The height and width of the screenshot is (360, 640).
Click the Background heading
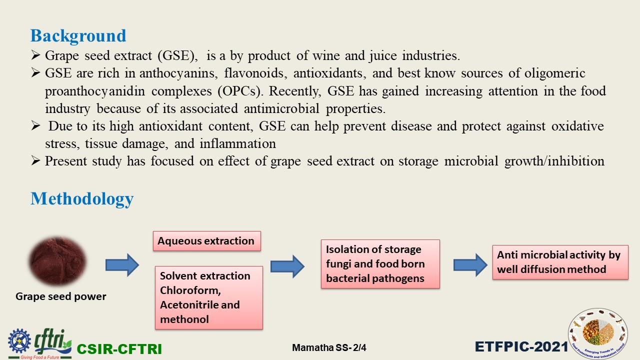pos(78,36)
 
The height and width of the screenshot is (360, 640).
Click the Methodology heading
pos(82,199)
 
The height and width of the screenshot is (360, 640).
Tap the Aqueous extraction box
pos(207,241)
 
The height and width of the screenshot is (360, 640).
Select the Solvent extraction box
pos(209,297)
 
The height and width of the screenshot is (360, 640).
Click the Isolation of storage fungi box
pos(380,264)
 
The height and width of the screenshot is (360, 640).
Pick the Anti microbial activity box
pos(560,262)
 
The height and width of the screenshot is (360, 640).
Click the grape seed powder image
pos(57,261)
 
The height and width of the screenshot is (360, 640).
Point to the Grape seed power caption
pos(61,296)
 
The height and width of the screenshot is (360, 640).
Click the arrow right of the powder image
pos(122,265)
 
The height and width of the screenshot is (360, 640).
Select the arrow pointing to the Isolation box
pos(287,266)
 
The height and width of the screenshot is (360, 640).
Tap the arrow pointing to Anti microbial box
pos(470,265)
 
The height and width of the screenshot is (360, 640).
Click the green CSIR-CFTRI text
pos(119,349)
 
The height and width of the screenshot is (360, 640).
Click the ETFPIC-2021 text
pos(521,347)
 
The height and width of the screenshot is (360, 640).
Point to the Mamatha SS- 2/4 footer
pos(329,347)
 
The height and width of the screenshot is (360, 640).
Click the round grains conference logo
pos(598,333)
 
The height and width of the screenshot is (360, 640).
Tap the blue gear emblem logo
pos(19,341)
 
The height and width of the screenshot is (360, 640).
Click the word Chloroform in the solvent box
pos(190,290)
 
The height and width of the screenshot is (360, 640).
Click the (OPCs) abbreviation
pos(240,91)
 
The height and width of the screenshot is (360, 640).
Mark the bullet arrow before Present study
pos(35,161)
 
